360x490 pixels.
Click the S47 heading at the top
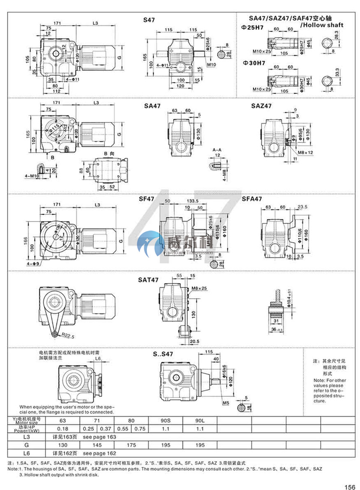tap(149, 20)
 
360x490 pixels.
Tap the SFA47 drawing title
tap(252, 199)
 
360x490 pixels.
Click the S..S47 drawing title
tap(163, 354)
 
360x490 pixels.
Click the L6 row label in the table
tap(27, 453)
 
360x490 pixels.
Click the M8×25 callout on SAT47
tap(199, 289)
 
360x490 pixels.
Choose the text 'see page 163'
tap(99, 436)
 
